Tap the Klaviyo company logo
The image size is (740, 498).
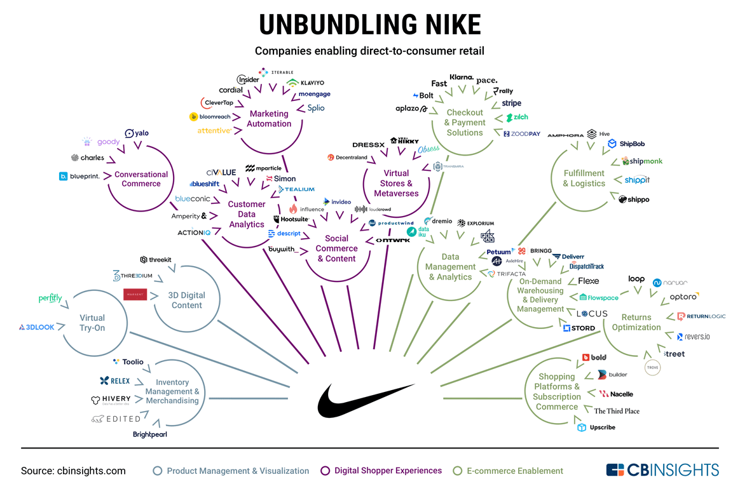coord(306,83)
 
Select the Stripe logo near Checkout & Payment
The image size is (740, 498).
coord(511,103)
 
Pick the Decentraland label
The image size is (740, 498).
coord(347,158)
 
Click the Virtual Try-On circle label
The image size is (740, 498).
coord(92,323)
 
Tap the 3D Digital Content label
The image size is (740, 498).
coord(186,300)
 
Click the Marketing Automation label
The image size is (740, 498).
coord(269,119)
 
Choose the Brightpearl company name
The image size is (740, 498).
coord(150,434)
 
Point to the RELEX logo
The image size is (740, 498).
coord(115,381)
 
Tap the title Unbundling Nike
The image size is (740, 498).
coord(370,25)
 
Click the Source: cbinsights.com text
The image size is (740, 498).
coord(73,471)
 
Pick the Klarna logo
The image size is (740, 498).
coord(462,77)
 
